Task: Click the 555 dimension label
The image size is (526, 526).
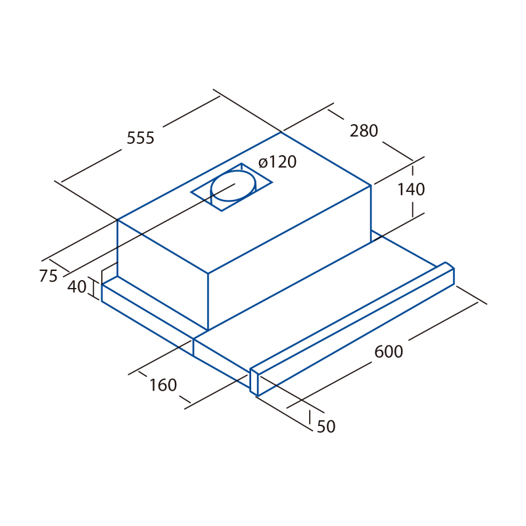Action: [x=141, y=137]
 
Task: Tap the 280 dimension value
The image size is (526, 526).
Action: [x=364, y=130]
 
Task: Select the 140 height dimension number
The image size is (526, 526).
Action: [x=411, y=189]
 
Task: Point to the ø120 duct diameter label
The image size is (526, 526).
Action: [x=277, y=162]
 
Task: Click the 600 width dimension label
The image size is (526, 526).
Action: [x=389, y=352]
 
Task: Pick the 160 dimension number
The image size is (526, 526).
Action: [x=162, y=385]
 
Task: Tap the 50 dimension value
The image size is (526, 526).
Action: [x=326, y=426]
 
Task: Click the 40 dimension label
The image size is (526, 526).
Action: [x=77, y=287]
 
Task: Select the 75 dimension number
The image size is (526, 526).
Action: [x=49, y=275]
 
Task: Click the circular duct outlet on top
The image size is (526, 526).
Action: [x=233, y=186]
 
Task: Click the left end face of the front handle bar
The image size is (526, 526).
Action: [x=254, y=381]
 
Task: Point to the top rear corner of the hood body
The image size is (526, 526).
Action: [x=281, y=133]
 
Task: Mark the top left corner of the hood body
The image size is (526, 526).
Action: [x=118, y=220]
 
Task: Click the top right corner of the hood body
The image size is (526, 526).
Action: [x=371, y=185]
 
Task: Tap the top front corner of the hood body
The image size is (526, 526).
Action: [x=208, y=274]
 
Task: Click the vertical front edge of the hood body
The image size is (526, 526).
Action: [x=208, y=302]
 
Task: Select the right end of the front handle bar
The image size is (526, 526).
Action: [x=450, y=274]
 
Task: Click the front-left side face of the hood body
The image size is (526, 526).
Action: [x=162, y=275]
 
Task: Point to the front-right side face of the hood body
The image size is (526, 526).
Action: [x=289, y=258]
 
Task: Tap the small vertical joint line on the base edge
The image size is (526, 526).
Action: [x=193, y=347]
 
